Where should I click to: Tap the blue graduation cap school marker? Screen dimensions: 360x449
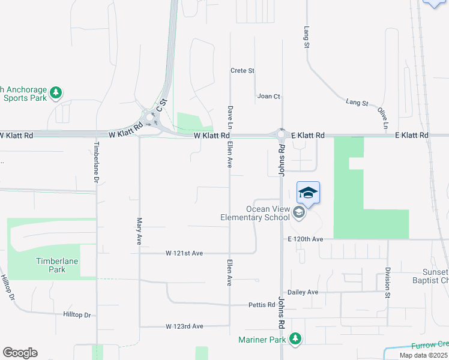click(308, 193)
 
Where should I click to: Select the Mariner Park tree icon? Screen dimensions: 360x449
click(295, 339)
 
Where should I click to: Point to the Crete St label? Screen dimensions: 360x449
click(243, 71)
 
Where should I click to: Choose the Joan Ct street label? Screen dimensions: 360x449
click(268, 96)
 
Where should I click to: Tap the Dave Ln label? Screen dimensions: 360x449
click(229, 118)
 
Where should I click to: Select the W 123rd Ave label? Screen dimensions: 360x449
click(185, 326)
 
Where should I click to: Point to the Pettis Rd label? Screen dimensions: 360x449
click(262, 305)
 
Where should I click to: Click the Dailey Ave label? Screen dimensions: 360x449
click(303, 292)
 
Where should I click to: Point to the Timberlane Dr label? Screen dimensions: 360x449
click(96, 163)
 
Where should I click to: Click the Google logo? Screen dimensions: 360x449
click(19, 353)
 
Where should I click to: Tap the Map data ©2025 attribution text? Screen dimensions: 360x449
click(423, 355)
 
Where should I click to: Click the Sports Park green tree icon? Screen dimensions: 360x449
click(56, 92)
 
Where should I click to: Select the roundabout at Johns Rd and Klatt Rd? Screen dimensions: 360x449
click(280, 134)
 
